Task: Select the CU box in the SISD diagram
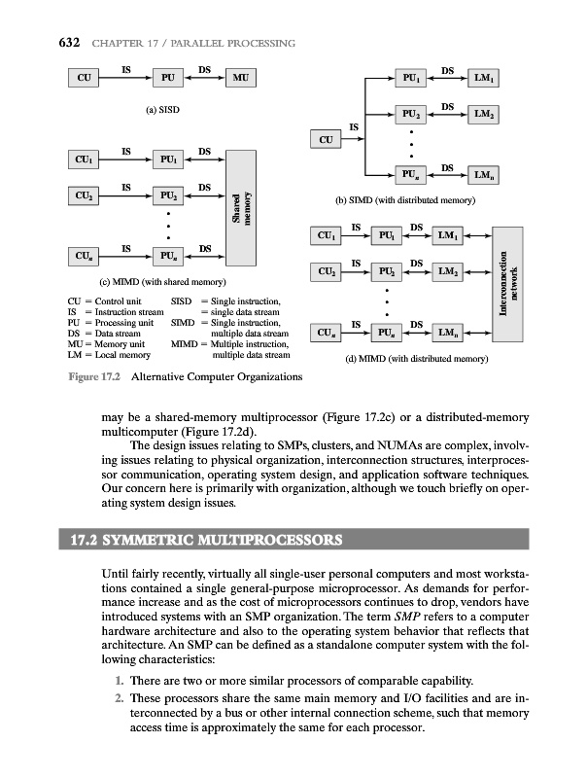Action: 85,77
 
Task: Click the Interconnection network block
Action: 509,283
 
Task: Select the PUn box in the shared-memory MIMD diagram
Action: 169,257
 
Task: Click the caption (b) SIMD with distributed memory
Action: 404,200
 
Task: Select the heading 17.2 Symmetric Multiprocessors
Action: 228,539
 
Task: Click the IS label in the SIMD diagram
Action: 354,126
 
